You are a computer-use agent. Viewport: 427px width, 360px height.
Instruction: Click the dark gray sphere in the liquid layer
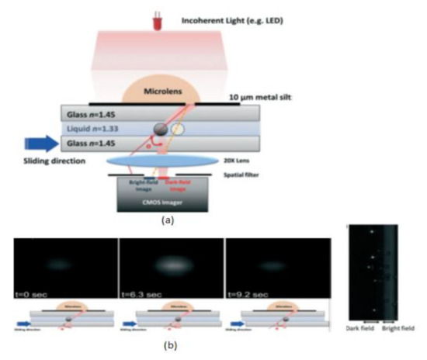point(159,130)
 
